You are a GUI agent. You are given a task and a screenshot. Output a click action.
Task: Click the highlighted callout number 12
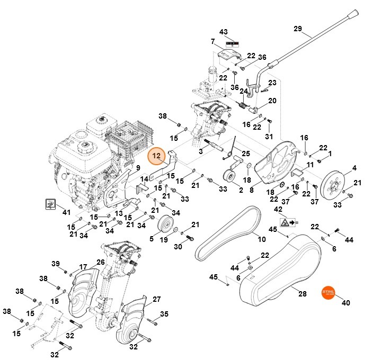[x=156, y=156]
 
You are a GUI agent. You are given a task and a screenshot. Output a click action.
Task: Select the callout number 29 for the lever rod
[x=297, y=28]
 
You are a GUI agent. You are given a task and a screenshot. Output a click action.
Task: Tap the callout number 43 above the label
[x=223, y=32]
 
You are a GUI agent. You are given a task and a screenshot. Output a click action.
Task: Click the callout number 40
[x=346, y=303]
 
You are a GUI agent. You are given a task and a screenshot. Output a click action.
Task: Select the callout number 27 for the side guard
[x=156, y=299]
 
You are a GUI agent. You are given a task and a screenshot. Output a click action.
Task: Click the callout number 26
[x=100, y=262]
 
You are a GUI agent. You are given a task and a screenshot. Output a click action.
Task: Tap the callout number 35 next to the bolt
[x=164, y=314]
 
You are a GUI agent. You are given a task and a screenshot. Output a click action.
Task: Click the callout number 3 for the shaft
[x=200, y=152]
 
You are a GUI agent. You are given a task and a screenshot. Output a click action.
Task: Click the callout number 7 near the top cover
[x=212, y=41]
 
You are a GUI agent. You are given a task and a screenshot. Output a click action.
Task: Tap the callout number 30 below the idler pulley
[x=178, y=247]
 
